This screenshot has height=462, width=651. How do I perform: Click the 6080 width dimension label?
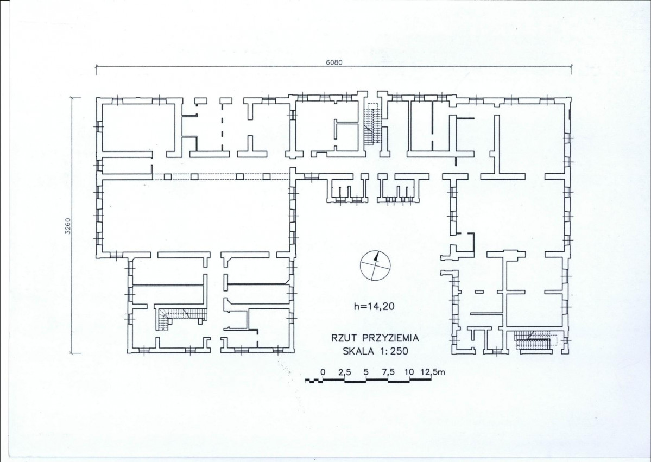pos(334,62)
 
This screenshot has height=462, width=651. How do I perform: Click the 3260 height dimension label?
pos(68,226)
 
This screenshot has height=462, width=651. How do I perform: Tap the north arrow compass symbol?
pos(375,266)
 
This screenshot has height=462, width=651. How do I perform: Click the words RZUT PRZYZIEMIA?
pos(375,338)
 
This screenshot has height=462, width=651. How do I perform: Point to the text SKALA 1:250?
pos(375,351)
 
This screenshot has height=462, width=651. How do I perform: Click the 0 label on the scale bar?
pos(323,372)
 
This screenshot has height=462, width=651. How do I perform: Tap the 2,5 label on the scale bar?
pos(345,372)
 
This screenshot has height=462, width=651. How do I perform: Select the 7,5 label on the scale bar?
pos(388,372)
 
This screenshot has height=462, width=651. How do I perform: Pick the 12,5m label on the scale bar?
pos(433,372)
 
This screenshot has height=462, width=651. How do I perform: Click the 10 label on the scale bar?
pos(409,372)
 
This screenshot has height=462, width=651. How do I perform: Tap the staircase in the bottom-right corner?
pos(534,341)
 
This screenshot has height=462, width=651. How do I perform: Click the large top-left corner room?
pos(138,127)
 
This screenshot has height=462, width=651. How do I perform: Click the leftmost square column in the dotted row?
pos(168,177)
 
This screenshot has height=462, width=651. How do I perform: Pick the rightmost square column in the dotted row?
pos(267,177)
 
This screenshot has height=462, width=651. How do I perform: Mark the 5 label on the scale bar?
pos(366,372)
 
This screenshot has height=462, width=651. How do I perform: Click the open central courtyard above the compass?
pos(374,226)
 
